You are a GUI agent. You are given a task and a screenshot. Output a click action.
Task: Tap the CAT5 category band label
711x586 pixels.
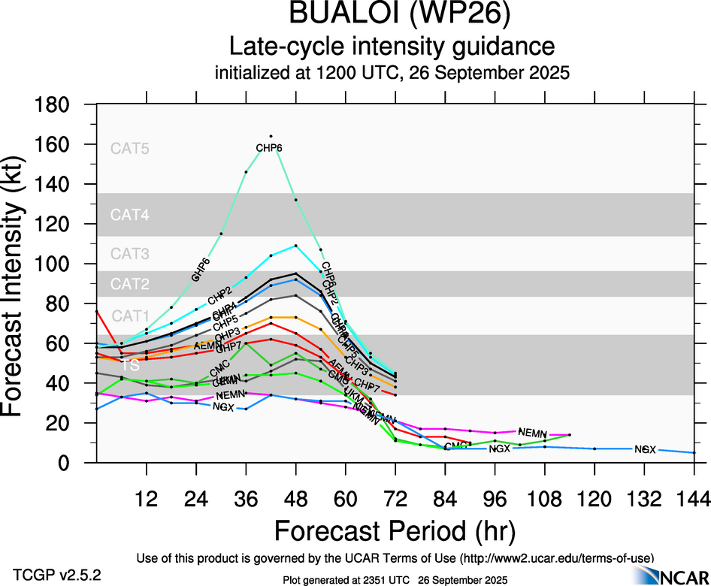tap(130, 148)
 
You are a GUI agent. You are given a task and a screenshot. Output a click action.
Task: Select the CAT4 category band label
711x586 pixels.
tap(130, 215)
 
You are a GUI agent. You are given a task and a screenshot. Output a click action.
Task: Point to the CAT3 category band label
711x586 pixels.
tap(130, 254)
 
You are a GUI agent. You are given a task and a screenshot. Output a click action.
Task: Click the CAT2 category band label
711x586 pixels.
tap(130, 284)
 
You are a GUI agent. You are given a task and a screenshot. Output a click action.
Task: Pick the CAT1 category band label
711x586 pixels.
tap(130, 316)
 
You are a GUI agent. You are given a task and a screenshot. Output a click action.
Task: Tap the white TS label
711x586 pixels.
tap(130, 365)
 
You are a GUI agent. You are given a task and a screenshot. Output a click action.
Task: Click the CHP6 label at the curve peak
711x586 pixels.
tap(269, 148)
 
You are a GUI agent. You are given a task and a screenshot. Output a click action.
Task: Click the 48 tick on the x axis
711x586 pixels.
tap(295, 499)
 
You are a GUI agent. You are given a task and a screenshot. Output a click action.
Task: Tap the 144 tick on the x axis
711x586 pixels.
tap(693, 499)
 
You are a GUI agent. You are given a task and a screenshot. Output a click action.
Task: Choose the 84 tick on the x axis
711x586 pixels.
tap(444, 499)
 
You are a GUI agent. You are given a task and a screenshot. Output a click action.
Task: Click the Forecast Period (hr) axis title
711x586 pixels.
tap(395, 531)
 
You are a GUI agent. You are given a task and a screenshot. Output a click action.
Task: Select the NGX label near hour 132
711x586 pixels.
tap(645, 449)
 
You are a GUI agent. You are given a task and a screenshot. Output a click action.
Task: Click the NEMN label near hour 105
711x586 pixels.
tap(532, 433)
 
